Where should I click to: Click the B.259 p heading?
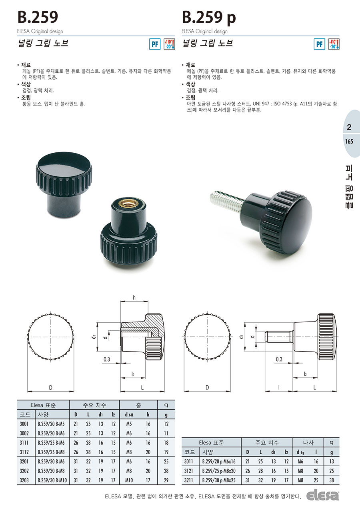(x=209, y=17)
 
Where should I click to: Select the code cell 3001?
(x=24, y=424)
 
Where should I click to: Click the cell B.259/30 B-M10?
(x=52, y=480)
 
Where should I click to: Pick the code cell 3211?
(x=189, y=480)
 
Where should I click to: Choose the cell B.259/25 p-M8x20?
(x=219, y=471)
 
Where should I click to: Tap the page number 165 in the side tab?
(x=349, y=142)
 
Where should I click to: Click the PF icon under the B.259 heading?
(x=155, y=44)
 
